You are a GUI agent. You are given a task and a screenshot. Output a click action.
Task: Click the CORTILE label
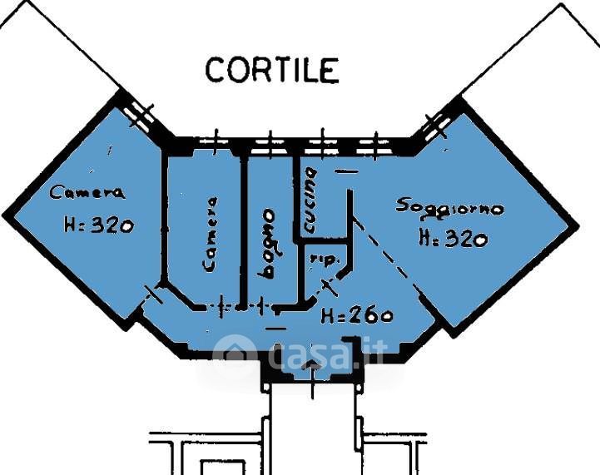pos(272,70)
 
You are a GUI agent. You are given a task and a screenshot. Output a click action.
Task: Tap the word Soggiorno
pos(449,209)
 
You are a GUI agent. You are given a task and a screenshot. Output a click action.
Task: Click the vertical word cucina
pos(310,200)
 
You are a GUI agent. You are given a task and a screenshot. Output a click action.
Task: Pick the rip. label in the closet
pos(325,260)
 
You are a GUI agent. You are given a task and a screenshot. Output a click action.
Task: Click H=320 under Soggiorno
pos(454,238)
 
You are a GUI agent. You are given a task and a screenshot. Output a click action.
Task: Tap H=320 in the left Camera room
pos(99,225)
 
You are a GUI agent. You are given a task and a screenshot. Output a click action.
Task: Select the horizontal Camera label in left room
pos(87,192)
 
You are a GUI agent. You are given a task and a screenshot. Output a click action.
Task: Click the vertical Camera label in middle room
pos(210,234)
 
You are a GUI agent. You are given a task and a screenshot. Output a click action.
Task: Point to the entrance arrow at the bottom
pos(313,379)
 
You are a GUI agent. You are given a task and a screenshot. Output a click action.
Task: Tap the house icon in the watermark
pos(234,354)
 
